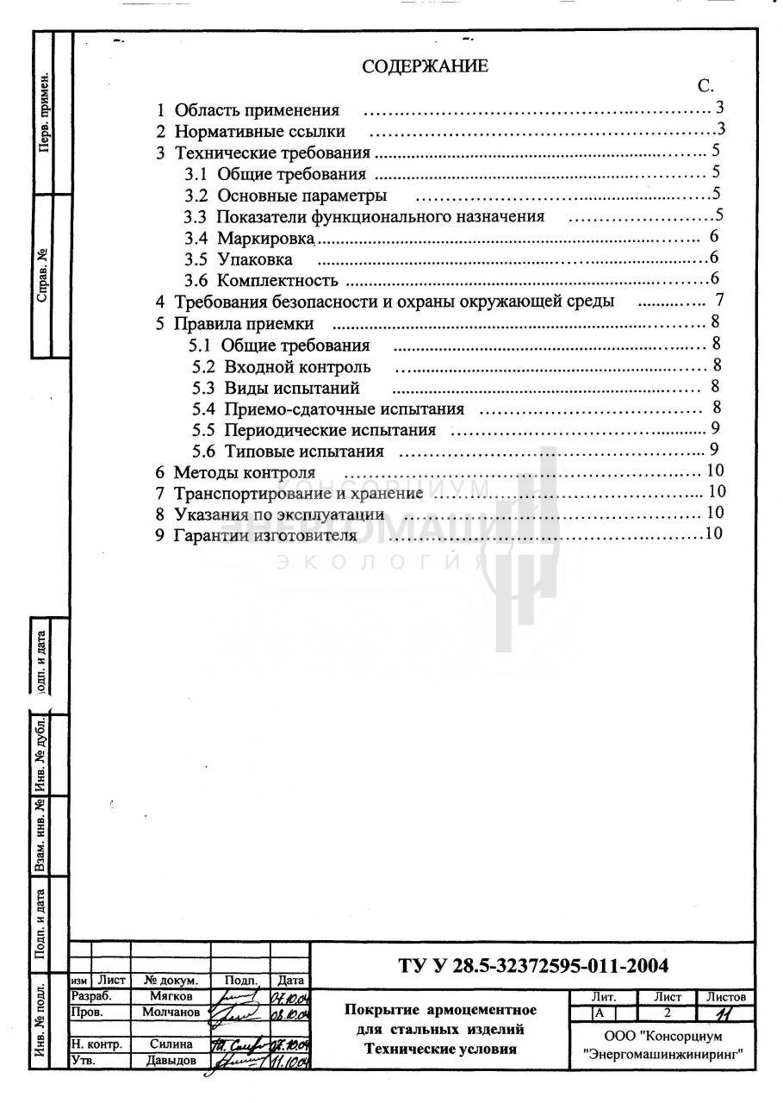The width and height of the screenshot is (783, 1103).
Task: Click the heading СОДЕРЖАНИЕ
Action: coord(425,66)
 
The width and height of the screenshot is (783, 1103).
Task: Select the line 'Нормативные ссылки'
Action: coord(259,132)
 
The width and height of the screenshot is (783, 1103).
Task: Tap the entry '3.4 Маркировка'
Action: coord(252,237)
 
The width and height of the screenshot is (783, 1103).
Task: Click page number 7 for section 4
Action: coord(719,301)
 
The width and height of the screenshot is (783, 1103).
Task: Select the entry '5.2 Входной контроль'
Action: coord(282,367)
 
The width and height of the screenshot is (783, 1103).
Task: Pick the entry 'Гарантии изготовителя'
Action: coord(264,535)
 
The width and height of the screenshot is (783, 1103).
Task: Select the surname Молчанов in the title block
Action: coord(171,1012)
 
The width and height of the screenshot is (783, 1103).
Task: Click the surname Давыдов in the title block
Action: coord(171,1060)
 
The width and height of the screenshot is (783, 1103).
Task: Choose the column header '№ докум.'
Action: coord(171,981)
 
